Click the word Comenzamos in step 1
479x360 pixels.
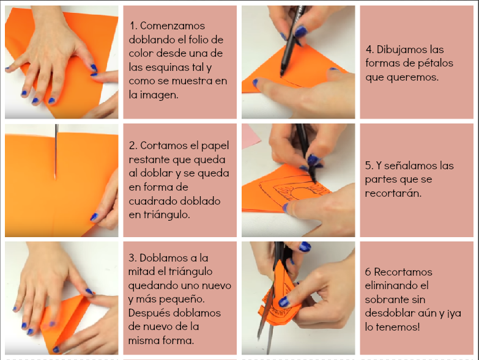173,26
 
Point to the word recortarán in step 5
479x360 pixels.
393,193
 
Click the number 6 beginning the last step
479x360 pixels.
368,272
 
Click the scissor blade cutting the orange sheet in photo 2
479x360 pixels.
56,152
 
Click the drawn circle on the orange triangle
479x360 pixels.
300,194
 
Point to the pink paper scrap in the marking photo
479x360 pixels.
250,136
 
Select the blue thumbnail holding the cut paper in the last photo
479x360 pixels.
284,301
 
